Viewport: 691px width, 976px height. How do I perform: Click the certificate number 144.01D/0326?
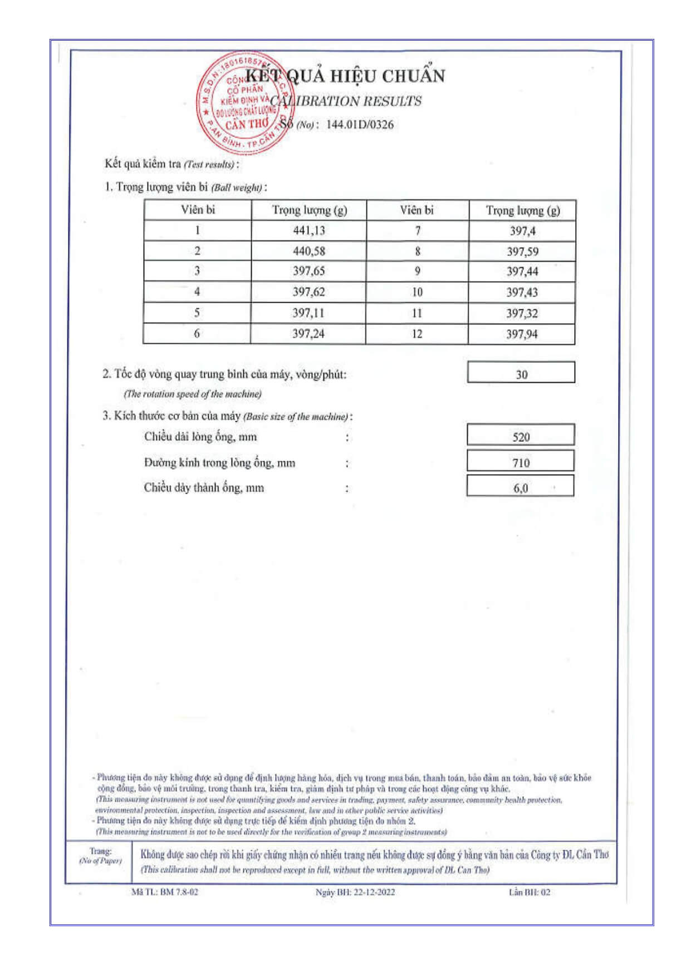coord(360,124)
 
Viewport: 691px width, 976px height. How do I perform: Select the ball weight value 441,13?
coord(309,230)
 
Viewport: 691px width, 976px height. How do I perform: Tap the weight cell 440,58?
coord(309,251)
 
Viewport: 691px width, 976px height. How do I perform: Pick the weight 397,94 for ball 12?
coord(522,334)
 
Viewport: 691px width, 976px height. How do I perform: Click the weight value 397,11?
coord(308,313)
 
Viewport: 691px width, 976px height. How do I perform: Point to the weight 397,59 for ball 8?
coord(522,252)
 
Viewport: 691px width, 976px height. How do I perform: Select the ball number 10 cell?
coord(417,292)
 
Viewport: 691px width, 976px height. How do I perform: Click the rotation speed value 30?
coord(521,374)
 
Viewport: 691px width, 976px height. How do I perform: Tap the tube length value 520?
coord(521,437)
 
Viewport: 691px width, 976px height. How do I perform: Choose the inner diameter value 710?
coord(521,462)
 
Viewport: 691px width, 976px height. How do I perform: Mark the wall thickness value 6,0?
coord(521,488)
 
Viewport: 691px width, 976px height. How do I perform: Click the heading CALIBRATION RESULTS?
coord(346,101)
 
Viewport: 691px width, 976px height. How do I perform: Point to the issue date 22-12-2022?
coord(374,892)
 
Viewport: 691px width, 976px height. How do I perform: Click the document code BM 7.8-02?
coord(179,892)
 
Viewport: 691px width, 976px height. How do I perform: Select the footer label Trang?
coord(101,851)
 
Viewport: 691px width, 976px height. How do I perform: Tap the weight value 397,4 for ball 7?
coord(522,231)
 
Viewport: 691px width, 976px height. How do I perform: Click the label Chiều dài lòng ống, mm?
coord(200,437)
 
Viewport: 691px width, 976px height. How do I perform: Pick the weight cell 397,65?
coord(309,271)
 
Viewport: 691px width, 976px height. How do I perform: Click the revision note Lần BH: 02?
coord(530,892)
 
